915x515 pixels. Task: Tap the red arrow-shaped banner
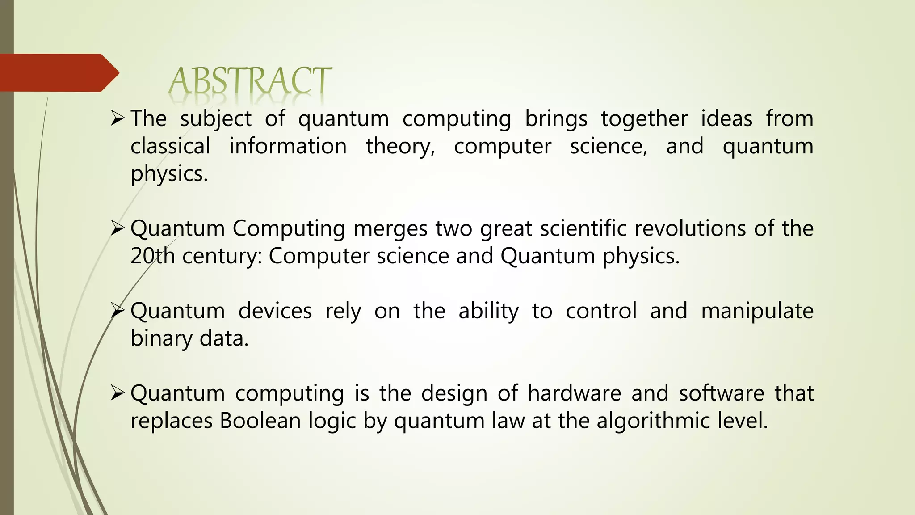click(x=58, y=73)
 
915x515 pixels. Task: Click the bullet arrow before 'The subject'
click(x=117, y=119)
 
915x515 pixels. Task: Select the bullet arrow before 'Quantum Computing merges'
click(x=117, y=229)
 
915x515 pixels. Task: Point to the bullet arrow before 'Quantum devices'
click(x=117, y=311)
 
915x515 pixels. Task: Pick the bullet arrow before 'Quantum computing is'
click(x=117, y=393)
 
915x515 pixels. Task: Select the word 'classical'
click(x=170, y=146)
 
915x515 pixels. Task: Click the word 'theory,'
click(x=400, y=147)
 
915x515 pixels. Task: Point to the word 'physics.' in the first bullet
click(x=169, y=174)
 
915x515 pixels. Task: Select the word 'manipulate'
click(x=757, y=312)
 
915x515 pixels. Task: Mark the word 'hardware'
click(x=574, y=393)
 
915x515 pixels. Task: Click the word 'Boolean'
click(x=260, y=421)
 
